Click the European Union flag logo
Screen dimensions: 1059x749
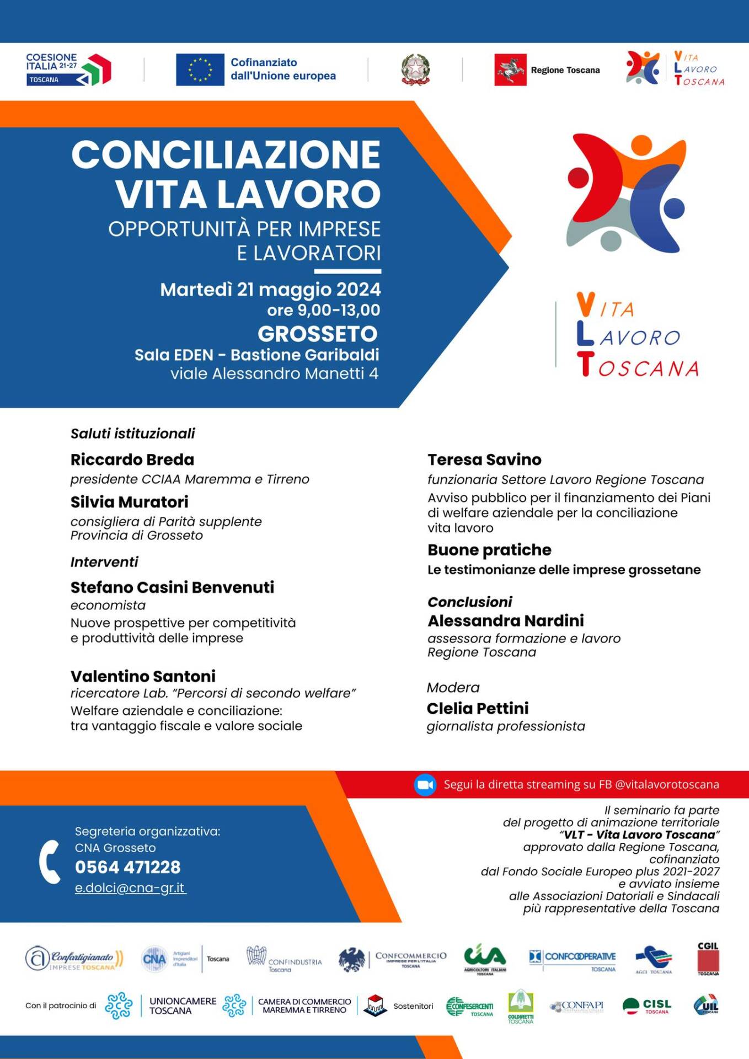[x=200, y=69]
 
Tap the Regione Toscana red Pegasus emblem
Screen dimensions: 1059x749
[x=510, y=69]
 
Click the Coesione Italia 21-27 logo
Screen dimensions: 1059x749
[x=68, y=69]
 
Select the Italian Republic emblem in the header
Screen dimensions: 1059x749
[x=415, y=69]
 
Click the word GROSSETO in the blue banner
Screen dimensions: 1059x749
[x=318, y=334]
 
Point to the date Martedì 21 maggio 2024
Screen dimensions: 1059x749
[x=270, y=289]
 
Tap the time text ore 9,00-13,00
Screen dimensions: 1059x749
[x=323, y=310]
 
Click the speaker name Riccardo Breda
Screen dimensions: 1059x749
[x=132, y=459]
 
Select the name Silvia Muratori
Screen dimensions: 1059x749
[x=130, y=502]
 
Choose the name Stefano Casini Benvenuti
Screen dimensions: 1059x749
[x=172, y=587]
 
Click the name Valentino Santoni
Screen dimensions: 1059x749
[x=143, y=676]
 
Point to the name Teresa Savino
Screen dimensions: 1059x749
[x=484, y=459]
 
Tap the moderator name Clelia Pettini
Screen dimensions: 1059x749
[x=478, y=708]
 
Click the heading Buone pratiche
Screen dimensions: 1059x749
[x=489, y=550]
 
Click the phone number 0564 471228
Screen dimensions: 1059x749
[x=127, y=867]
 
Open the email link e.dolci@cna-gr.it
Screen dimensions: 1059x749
[x=130, y=888]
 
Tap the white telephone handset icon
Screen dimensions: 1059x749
[x=50, y=862]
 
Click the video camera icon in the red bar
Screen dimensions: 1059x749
[x=425, y=785]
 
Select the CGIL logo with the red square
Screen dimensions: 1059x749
[x=708, y=959]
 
